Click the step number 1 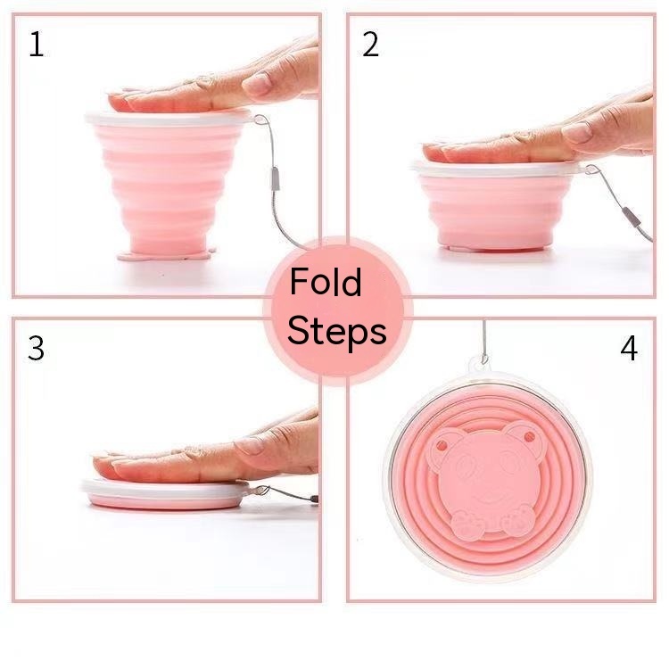tap(36, 45)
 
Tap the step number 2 tap(370, 45)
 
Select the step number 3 tap(36, 349)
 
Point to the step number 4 tap(629, 349)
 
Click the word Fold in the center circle tap(326, 284)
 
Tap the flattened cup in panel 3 tap(165, 494)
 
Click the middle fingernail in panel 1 tap(257, 84)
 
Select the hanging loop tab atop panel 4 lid tap(483, 362)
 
